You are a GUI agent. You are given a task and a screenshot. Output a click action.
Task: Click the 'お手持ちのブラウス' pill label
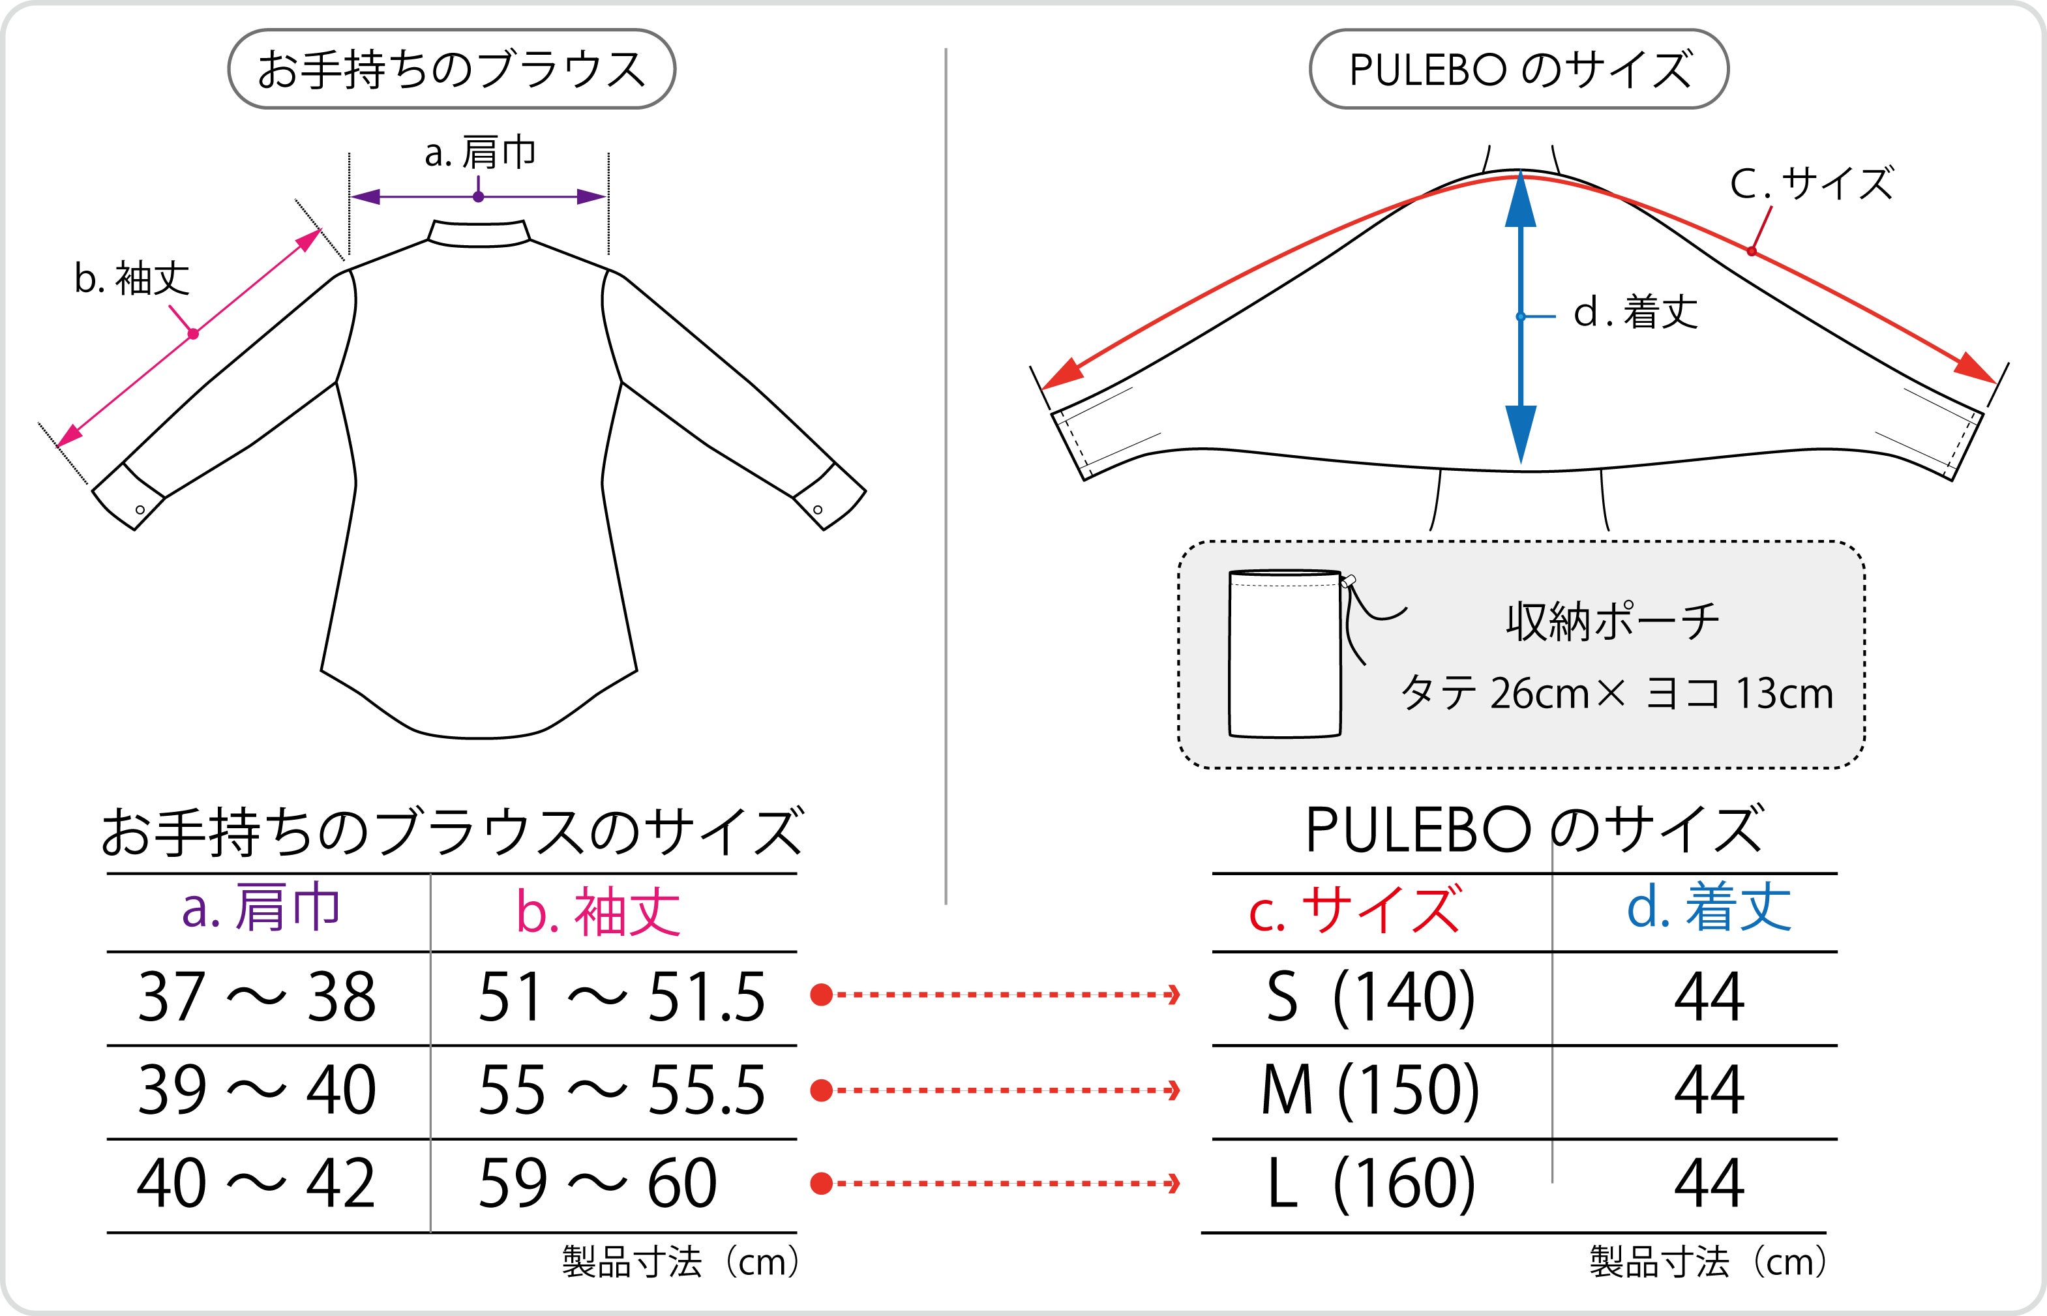coord(451,69)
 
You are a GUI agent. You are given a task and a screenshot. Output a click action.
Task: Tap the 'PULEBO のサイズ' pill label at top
coord(1519,69)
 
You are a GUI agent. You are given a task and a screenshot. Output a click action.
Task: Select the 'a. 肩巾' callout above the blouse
coord(480,153)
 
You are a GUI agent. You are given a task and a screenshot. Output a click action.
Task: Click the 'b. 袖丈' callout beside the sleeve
coord(132,278)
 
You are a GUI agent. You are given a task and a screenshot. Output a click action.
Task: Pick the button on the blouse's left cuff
coord(140,510)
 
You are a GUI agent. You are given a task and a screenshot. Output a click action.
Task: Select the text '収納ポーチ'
coord(1612,621)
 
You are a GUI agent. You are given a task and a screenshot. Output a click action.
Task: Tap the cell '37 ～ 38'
coord(256,997)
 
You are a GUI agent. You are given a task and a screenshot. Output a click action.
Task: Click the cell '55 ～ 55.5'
coord(621,1090)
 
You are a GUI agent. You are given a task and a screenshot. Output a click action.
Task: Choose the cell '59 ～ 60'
coord(597,1184)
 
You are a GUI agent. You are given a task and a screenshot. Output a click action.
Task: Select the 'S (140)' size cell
coord(1370,997)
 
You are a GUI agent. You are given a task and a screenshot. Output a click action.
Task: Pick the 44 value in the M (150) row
coord(1709,1090)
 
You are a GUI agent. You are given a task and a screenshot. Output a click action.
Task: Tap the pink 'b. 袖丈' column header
coord(598,911)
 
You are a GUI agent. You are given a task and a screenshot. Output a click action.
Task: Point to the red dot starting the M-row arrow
coord(821,1090)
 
